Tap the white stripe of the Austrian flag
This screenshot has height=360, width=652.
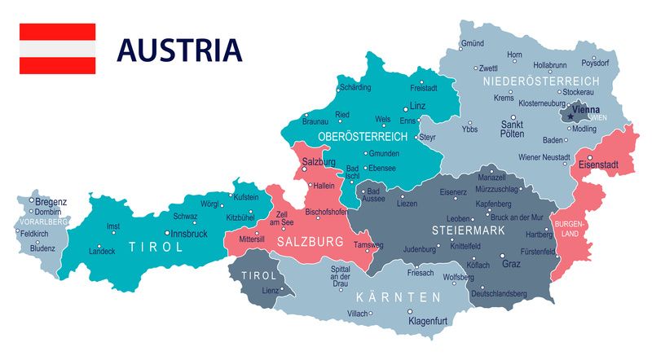click(x=57, y=49)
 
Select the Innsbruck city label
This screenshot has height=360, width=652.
click(x=189, y=234)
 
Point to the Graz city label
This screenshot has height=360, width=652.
click(x=511, y=264)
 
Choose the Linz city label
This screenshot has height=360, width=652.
click(x=417, y=106)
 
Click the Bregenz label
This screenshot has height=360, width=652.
click(x=51, y=201)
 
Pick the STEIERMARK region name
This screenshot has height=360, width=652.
click(x=469, y=231)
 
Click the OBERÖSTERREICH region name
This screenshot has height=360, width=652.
click(x=362, y=135)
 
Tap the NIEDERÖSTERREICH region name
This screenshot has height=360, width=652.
click(x=540, y=81)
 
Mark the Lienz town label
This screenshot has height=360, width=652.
click(x=270, y=290)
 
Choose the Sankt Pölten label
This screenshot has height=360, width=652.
click(x=512, y=130)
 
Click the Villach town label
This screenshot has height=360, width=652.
click(x=358, y=313)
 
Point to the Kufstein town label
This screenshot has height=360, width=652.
click(x=246, y=197)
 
